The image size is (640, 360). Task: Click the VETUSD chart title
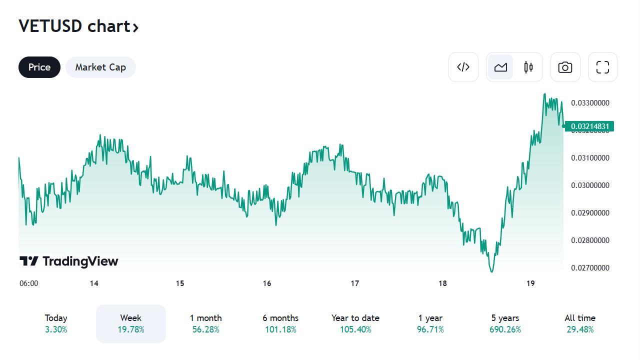(x=78, y=26)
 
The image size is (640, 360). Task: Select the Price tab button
(x=39, y=67)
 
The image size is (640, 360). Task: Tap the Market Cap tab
(x=100, y=67)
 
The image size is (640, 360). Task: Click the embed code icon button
(x=463, y=67)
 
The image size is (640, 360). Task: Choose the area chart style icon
(x=500, y=67)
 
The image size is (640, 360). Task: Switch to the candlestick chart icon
(x=528, y=67)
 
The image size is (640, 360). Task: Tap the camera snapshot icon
(x=565, y=67)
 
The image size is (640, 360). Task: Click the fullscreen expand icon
(x=602, y=67)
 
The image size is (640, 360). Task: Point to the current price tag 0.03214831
(x=590, y=126)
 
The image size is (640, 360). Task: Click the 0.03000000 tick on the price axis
(x=590, y=185)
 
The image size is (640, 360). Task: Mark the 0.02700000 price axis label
(x=590, y=268)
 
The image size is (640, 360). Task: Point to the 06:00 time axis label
(x=29, y=283)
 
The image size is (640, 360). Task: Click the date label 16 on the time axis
(x=267, y=283)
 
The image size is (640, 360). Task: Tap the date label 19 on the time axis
(x=530, y=283)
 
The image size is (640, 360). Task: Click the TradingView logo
(x=69, y=261)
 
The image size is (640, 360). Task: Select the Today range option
(x=56, y=323)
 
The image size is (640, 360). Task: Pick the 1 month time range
(x=205, y=323)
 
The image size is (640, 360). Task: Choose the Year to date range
(x=355, y=323)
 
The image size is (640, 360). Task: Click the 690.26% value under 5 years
(x=505, y=330)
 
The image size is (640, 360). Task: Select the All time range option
(x=580, y=323)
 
